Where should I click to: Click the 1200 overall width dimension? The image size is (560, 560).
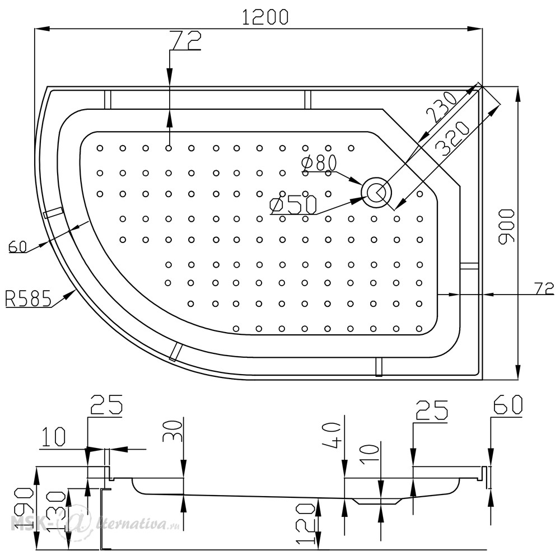pyautogui.click(x=265, y=17)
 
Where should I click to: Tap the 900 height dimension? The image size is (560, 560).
pyautogui.click(x=506, y=226)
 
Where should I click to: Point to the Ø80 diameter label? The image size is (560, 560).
pyautogui.click(x=319, y=163)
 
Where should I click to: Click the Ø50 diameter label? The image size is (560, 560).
pyautogui.click(x=293, y=205)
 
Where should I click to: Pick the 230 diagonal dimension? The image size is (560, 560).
pyautogui.click(x=441, y=106)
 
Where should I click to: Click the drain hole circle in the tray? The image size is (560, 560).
pyautogui.click(x=376, y=192)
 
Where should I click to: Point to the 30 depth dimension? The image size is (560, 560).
pyautogui.click(x=172, y=431)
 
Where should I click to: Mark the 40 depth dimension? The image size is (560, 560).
pyautogui.click(x=332, y=432)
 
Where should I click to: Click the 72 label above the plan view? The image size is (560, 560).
pyautogui.click(x=185, y=40)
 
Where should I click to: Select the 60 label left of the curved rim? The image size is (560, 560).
pyautogui.click(x=18, y=247)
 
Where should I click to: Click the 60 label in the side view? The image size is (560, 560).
pyautogui.click(x=508, y=404)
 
